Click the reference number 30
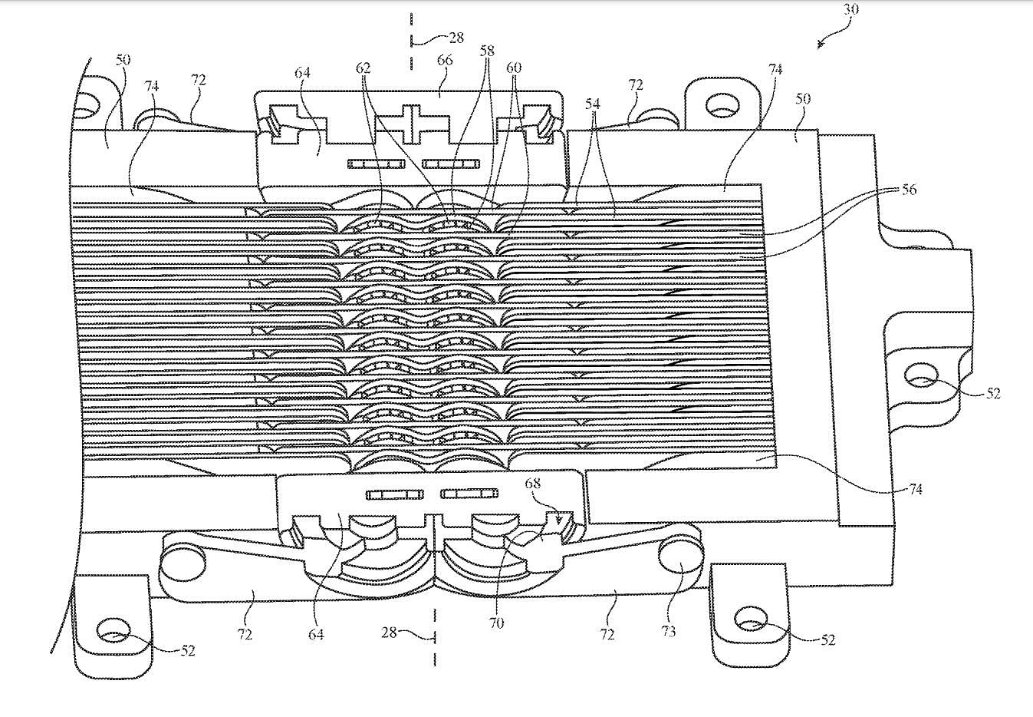(x=851, y=8)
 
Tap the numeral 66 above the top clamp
(x=445, y=60)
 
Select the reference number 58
(x=487, y=51)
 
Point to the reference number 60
(x=514, y=68)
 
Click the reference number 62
(x=363, y=68)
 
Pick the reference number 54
(x=593, y=104)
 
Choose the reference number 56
(x=909, y=190)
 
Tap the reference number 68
(x=533, y=483)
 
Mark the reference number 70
(x=496, y=624)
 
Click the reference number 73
(x=668, y=631)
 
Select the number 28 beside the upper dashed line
(x=456, y=38)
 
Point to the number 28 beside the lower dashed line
(x=390, y=633)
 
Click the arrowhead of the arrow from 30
(x=820, y=45)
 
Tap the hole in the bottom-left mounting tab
(x=113, y=629)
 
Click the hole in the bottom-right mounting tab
(x=752, y=619)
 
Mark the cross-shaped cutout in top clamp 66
(x=411, y=124)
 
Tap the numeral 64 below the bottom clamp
(x=316, y=634)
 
